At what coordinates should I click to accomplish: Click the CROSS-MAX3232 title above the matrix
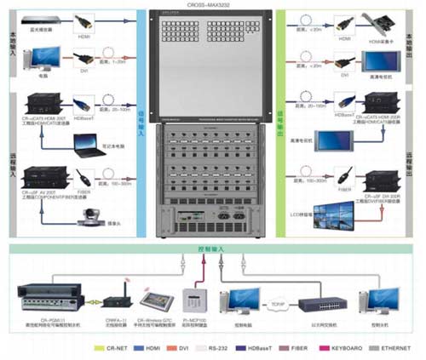pyautogui.click(x=212, y=6)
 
